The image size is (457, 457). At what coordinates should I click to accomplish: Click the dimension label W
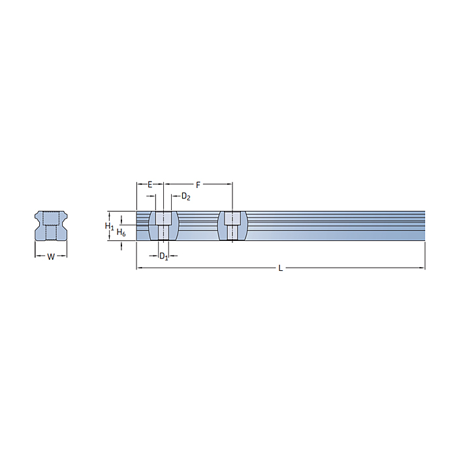(51, 257)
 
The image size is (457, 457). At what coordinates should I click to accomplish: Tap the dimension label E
(150, 185)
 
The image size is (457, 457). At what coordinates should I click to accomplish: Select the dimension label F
(198, 185)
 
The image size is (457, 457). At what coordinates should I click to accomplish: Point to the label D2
(185, 197)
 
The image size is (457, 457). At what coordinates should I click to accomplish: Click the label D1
(163, 257)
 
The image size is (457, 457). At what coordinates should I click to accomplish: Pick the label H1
(109, 226)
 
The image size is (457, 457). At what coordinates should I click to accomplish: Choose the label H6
(121, 232)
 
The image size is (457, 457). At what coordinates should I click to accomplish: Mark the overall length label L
(280, 268)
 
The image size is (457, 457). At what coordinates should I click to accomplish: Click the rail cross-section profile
(51, 226)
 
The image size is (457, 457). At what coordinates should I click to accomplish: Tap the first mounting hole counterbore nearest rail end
(163, 218)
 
